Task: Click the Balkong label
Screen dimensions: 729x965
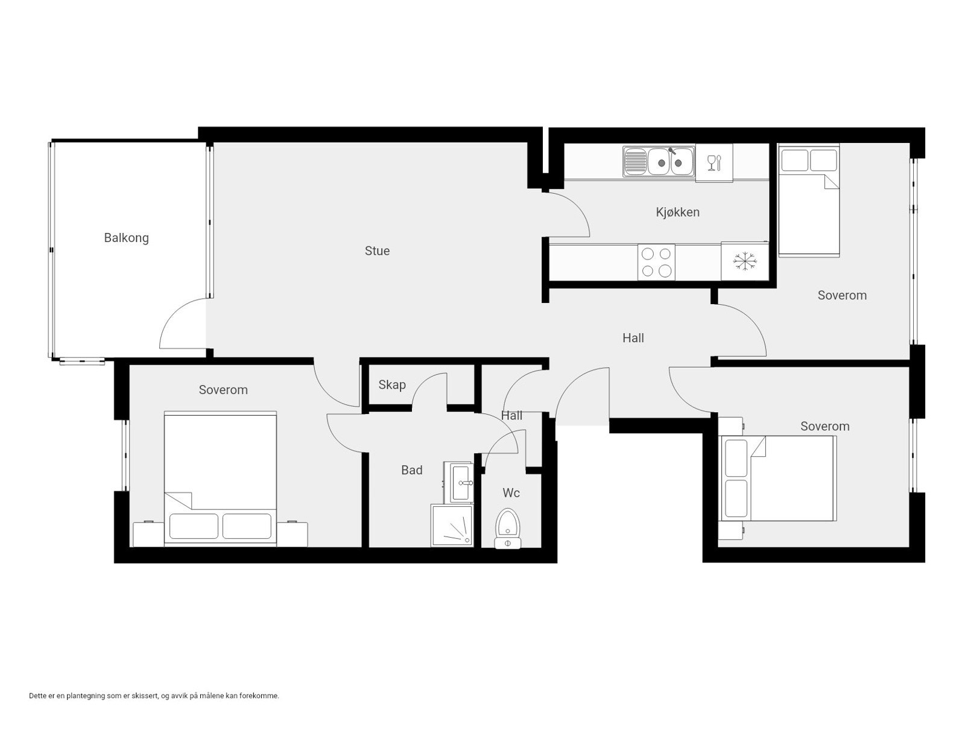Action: click(126, 238)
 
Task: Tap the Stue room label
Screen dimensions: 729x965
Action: click(377, 250)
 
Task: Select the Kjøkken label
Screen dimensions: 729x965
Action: click(677, 212)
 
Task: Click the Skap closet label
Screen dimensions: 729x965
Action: click(392, 384)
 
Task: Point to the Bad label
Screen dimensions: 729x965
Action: click(412, 470)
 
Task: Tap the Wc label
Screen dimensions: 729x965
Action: click(511, 493)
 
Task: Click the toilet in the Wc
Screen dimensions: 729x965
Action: click(507, 528)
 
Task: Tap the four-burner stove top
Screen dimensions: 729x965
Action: click(656, 263)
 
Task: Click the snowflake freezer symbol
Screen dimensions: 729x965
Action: click(744, 261)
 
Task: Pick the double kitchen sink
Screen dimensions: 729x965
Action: click(659, 161)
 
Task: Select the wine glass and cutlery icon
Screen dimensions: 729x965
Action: click(714, 162)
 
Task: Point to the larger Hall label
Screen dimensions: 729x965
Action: click(633, 338)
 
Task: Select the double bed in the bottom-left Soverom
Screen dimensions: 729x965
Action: click(220, 480)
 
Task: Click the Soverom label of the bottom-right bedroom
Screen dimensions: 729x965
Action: click(824, 426)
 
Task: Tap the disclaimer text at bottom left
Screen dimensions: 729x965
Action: click(154, 696)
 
